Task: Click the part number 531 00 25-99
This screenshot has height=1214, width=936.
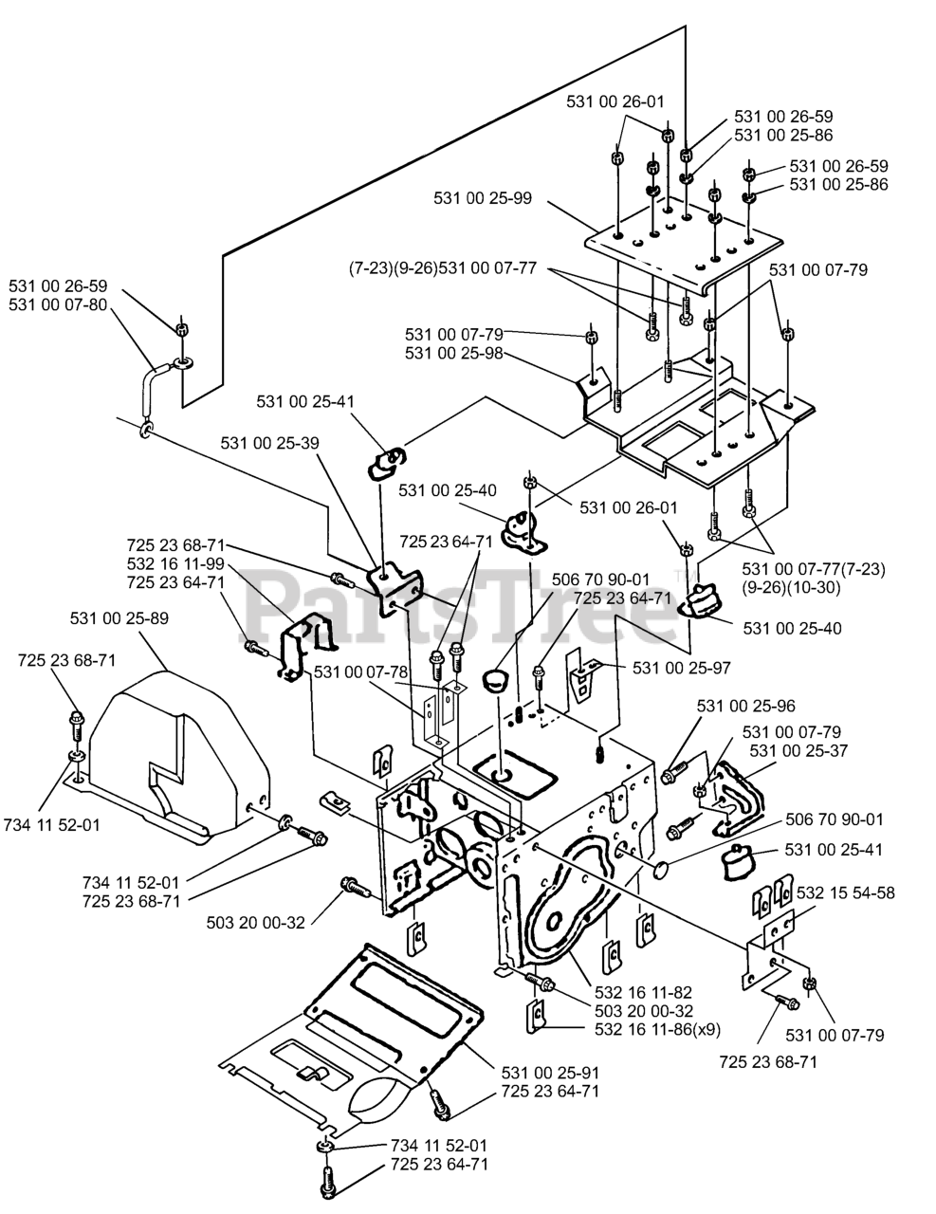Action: (x=483, y=198)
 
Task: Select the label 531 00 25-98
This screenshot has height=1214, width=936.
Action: (x=453, y=354)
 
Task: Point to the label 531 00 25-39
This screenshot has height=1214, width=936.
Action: (x=269, y=442)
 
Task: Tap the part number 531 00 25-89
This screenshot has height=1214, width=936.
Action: (x=119, y=618)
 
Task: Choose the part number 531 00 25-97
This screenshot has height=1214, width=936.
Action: (x=681, y=668)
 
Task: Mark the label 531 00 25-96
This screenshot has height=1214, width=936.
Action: (x=745, y=706)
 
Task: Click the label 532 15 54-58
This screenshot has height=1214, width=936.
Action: (x=846, y=892)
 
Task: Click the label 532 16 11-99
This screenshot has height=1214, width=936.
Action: (x=175, y=562)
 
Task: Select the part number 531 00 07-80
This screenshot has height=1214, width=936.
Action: (x=58, y=304)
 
